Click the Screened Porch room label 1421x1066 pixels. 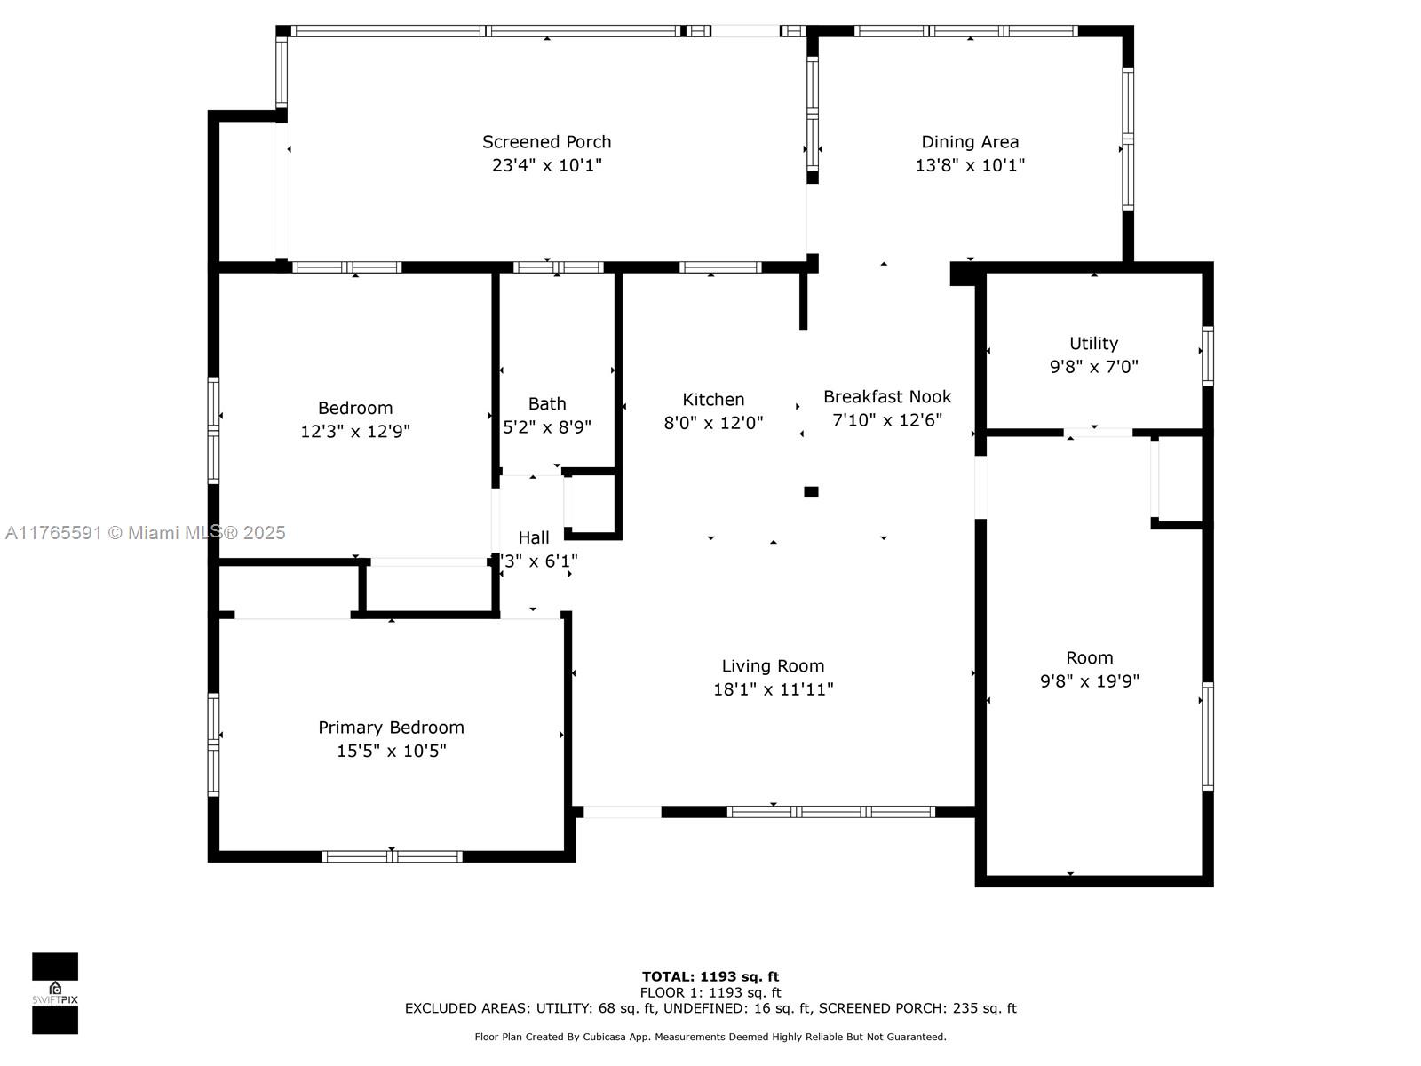click(546, 142)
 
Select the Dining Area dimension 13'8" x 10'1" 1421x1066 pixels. click(970, 165)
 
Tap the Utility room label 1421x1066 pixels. click(1093, 343)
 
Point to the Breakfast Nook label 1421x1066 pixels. click(887, 396)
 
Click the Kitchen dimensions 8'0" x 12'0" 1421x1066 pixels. click(713, 423)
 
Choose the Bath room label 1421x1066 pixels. click(547, 403)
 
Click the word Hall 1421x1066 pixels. click(534, 537)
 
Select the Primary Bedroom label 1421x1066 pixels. click(391, 728)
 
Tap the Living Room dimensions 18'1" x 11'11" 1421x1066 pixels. click(773, 689)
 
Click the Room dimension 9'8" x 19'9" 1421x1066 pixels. click(1089, 681)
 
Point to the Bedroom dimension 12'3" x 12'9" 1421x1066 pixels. click(355, 432)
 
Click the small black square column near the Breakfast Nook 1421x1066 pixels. click(811, 492)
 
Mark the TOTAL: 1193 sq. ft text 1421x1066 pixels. click(710, 977)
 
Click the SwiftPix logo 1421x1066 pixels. click(55, 993)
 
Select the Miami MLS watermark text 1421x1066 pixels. click(146, 533)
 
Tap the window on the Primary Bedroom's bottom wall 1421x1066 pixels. click(392, 856)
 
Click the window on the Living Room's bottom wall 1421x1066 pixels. click(830, 811)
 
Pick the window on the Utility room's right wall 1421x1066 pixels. click(1208, 355)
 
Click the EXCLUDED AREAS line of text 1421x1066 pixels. click(710, 1008)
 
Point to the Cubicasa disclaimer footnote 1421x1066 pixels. click(710, 1037)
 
